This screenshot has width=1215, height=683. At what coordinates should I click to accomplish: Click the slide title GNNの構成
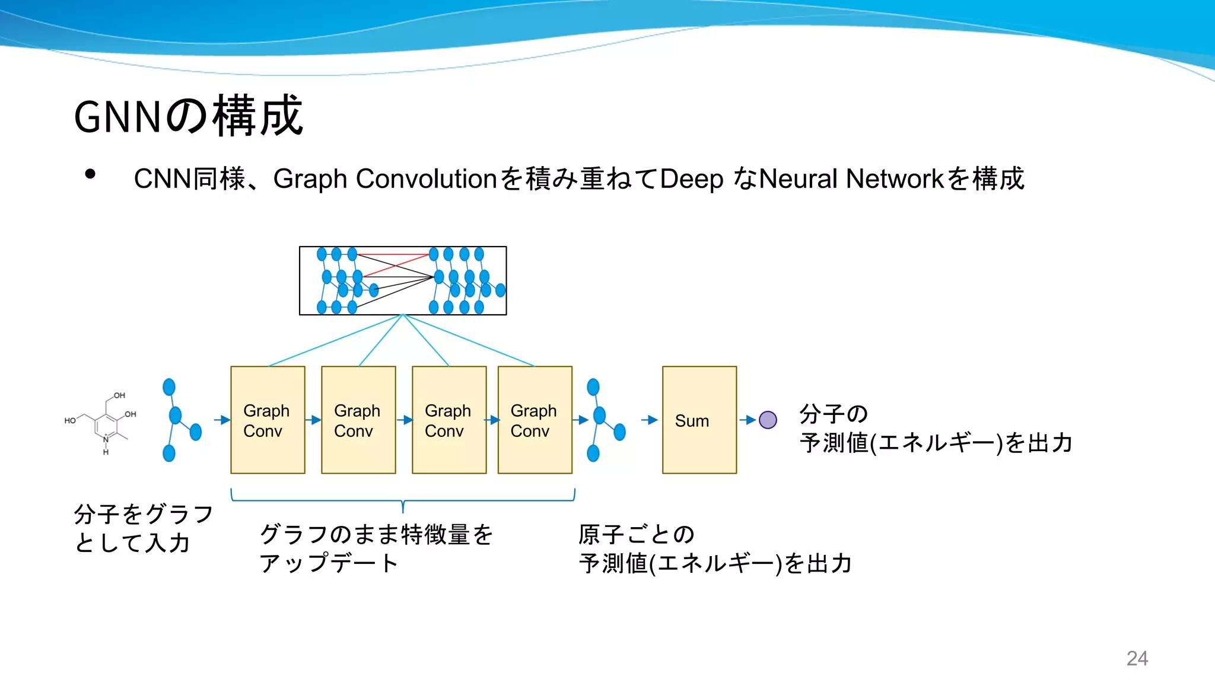coord(189,116)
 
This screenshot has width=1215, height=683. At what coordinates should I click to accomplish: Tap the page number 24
coord(1137,658)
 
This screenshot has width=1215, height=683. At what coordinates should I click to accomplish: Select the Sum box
coord(699,420)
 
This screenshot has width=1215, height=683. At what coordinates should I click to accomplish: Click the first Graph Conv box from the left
coord(268,420)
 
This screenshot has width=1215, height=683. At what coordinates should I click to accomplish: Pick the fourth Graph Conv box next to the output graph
coord(535,420)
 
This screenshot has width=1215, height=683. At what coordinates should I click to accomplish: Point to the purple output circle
coord(768,420)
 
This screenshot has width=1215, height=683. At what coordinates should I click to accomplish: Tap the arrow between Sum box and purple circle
coord(748,420)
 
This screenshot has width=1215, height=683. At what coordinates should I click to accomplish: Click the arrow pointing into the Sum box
coord(650,420)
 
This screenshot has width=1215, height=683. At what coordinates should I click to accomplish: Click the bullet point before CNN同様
coord(90,174)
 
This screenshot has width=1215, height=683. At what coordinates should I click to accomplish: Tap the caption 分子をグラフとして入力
coord(142,528)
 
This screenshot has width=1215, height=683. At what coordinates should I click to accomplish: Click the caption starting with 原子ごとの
coord(714,548)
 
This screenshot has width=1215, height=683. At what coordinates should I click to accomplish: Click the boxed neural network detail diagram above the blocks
coord(403,280)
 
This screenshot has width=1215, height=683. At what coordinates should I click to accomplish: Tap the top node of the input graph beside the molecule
coord(169,387)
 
